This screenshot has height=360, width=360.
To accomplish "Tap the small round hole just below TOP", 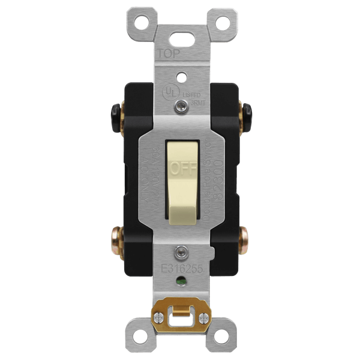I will pyautogui.click(x=179, y=77).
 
